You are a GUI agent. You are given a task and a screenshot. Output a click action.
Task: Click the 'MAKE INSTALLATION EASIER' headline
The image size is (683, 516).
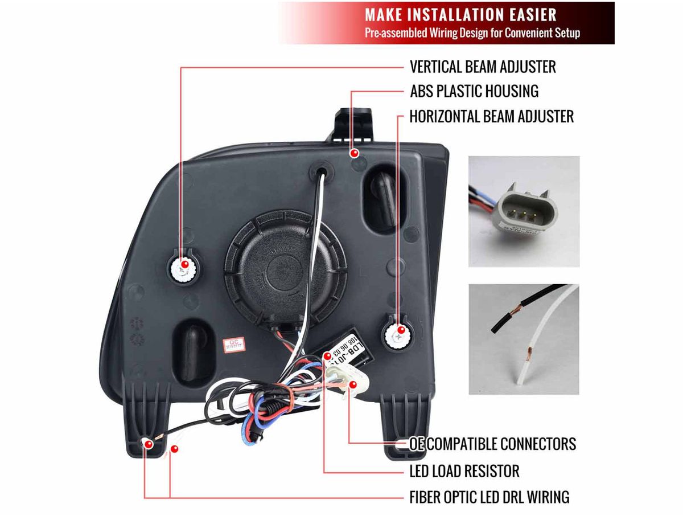[x=460, y=14]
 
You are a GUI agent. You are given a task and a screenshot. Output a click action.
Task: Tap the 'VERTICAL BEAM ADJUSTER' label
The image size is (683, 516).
[x=483, y=67]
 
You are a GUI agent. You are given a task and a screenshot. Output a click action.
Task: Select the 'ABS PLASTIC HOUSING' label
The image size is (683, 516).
[x=474, y=91]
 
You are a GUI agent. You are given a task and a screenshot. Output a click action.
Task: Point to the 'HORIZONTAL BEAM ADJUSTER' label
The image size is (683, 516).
[x=491, y=117]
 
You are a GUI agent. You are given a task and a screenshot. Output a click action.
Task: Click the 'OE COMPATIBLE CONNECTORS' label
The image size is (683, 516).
[x=493, y=444]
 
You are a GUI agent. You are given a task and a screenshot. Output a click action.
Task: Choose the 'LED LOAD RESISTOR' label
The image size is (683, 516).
[x=464, y=472]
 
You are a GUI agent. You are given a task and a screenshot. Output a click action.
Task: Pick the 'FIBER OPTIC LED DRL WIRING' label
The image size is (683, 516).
[x=489, y=497]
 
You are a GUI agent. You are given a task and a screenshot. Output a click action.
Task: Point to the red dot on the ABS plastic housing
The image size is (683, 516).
[x=354, y=153]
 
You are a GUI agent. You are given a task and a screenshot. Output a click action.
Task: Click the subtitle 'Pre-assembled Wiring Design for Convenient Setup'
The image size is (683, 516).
[x=472, y=32]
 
